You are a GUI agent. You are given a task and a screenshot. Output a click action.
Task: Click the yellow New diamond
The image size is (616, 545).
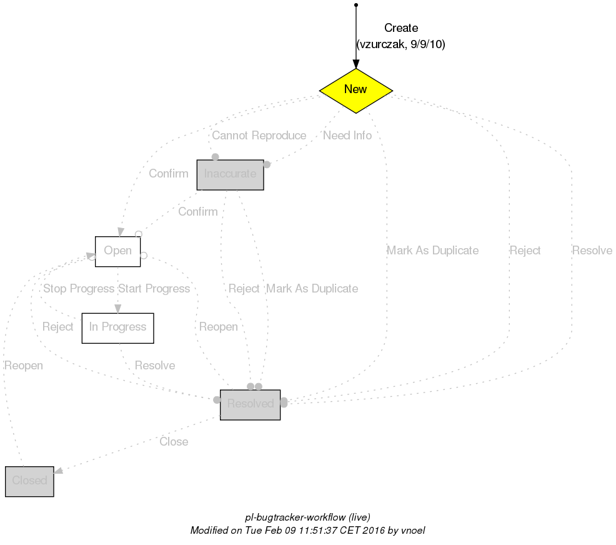pyautogui.click(x=355, y=90)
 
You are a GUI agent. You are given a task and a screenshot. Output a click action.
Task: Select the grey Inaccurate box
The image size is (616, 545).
pyautogui.click(x=230, y=174)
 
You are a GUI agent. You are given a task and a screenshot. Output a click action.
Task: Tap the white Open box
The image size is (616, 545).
pyautogui.click(x=117, y=251)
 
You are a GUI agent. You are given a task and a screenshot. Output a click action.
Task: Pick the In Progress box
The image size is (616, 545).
pyautogui.click(x=117, y=327)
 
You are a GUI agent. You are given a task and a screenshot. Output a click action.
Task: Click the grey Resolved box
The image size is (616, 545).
pyautogui.click(x=250, y=404)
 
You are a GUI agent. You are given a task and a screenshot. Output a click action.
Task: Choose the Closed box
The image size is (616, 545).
pyautogui.click(x=29, y=481)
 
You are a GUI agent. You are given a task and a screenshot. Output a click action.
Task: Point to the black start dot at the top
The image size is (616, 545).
pyautogui.click(x=355, y=5)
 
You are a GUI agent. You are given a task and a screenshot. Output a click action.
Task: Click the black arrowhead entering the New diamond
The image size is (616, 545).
pyautogui.click(x=355, y=64)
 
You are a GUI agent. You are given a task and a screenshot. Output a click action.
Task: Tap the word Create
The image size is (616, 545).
pyautogui.click(x=400, y=28)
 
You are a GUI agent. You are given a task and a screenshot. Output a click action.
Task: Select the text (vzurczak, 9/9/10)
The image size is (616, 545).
pyautogui.click(x=400, y=44)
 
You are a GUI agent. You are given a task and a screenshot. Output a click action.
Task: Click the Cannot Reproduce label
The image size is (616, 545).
pyautogui.click(x=259, y=136)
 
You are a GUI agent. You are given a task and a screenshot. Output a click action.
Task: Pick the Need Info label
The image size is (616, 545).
pyautogui.click(x=347, y=136)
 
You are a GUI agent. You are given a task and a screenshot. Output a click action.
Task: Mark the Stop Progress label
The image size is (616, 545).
pyautogui.click(x=78, y=289)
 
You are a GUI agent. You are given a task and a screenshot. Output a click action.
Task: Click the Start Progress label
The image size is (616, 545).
pyautogui.click(x=154, y=289)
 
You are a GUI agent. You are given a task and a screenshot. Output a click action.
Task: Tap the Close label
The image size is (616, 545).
pyautogui.click(x=174, y=442)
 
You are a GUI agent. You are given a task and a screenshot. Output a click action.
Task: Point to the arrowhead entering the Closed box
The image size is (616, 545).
pyautogui.click(x=59, y=472)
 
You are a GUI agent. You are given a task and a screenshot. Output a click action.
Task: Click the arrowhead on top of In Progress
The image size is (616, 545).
pyautogui.click(x=117, y=308)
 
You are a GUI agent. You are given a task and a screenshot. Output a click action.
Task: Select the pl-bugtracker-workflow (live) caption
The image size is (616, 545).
pyautogui.click(x=308, y=517)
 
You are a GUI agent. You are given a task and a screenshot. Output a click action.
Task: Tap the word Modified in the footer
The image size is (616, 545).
pyautogui.click(x=211, y=530)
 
